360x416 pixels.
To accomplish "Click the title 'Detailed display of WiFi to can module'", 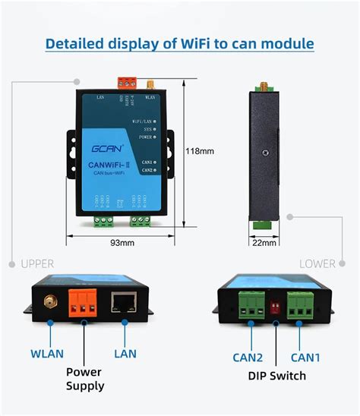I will pyautogui.click(x=179, y=43).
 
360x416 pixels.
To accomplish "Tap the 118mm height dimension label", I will pyautogui.click(x=200, y=151).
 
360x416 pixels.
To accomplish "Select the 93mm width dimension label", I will pyautogui.click(x=122, y=243).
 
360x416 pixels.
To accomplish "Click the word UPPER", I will pyautogui.click(x=37, y=263).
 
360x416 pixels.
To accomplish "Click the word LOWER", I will pyautogui.click(x=317, y=263).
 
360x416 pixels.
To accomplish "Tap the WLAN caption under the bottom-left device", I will pyautogui.click(x=47, y=354).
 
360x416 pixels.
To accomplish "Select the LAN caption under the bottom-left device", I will pyautogui.click(x=125, y=354).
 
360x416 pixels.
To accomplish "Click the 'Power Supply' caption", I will pyautogui.click(x=84, y=379).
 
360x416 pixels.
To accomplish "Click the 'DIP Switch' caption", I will pyautogui.click(x=276, y=376).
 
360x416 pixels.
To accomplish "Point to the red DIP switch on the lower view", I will pyautogui.click(x=276, y=307).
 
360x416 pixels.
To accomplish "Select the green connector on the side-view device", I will pyautogui.click(x=263, y=223).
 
